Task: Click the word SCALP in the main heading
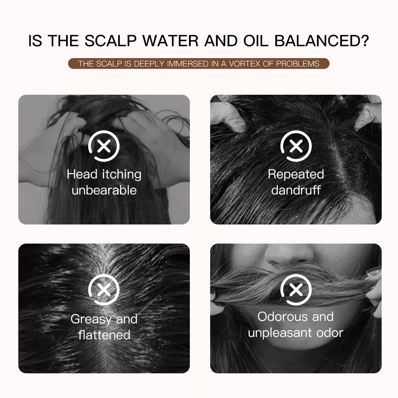pyautogui.click(x=111, y=41)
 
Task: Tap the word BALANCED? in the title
pyautogui.click(x=322, y=41)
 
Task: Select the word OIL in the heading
pyautogui.click(x=256, y=41)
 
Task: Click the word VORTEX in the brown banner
pyautogui.click(x=245, y=64)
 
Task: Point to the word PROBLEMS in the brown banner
pyautogui.click(x=297, y=64)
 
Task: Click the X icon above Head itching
pyautogui.click(x=104, y=146)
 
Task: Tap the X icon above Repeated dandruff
pyautogui.click(x=296, y=146)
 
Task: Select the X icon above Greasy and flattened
pyautogui.click(x=104, y=290)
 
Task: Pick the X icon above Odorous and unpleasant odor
pyautogui.click(x=296, y=290)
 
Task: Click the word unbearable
pyautogui.click(x=104, y=190)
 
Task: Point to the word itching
pyautogui.click(x=121, y=175)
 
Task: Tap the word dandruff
pyautogui.click(x=296, y=190)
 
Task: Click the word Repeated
pyautogui.click(x=296, y=175)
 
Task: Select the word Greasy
pyautogui.click(x=91, y=319)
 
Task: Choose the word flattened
pyautogui.click(x=104, y=335)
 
